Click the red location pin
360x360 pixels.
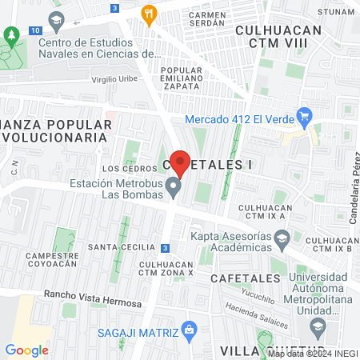coord(181,162)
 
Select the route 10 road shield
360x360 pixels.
coord(34,30)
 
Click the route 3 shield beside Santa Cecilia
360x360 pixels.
coord(165,248)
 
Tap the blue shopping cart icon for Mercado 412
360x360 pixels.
coord(303,118)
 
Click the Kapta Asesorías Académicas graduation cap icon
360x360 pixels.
coord(282,238)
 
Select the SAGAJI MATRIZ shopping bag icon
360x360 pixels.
coord(189,329)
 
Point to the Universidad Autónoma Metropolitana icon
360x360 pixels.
coord(318,326)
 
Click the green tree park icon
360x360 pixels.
coord(10,35)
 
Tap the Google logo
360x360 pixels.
coord(26,350)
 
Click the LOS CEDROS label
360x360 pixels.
coord(125,169)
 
